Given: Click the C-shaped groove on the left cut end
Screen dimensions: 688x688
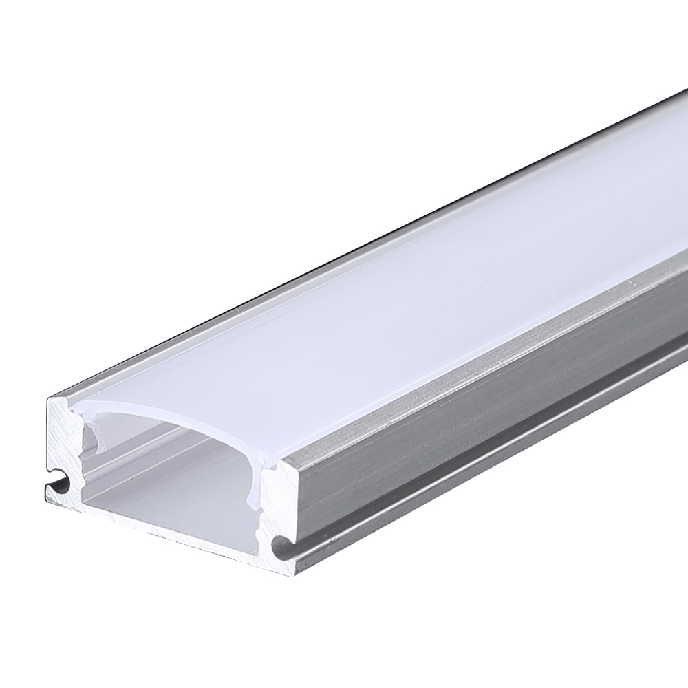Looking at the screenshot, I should tap(58, 485).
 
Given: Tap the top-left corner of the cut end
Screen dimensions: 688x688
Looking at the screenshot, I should tap(50, 400).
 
